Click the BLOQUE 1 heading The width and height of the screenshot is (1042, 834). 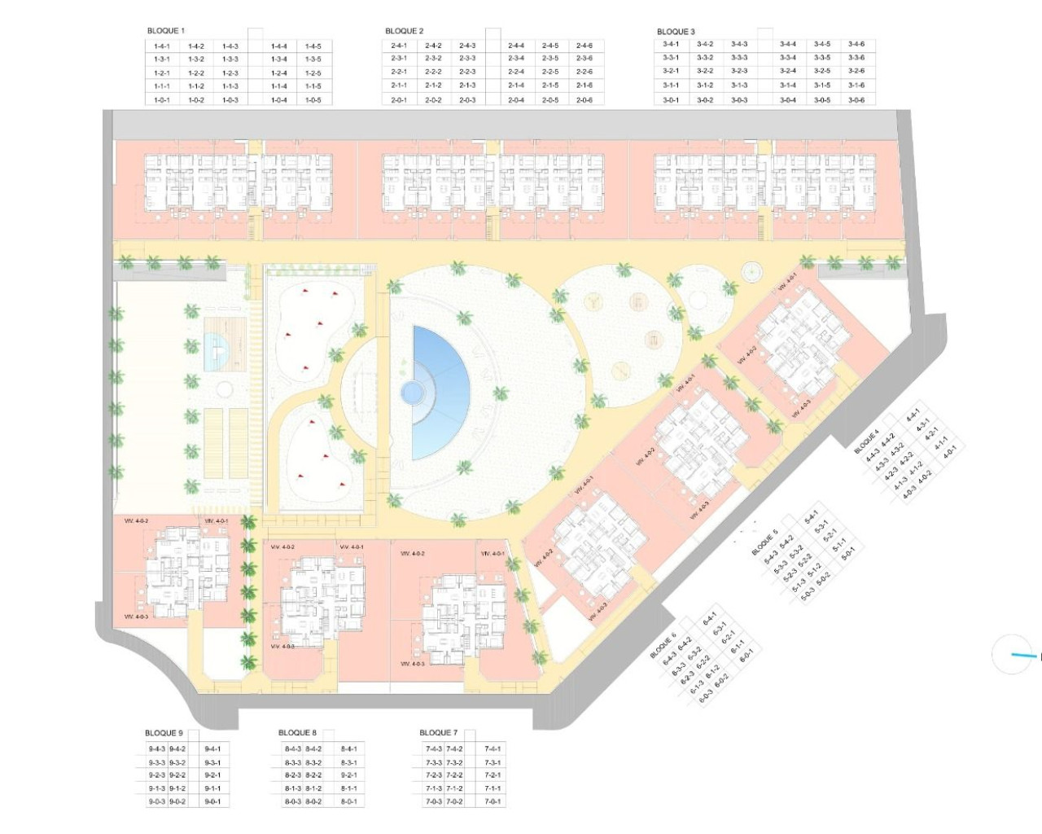(165, 31)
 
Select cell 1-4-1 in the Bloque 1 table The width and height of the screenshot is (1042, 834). (161, 46)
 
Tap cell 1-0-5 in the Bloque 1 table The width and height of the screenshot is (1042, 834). (313, 100)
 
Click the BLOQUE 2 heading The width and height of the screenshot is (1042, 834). (404, 31)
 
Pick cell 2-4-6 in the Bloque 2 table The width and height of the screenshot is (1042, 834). (584, 46)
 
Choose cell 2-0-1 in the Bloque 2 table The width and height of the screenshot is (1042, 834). (399, 100)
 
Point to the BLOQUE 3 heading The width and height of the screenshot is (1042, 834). (676, 32)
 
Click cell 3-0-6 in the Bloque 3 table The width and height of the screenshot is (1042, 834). (856, 100)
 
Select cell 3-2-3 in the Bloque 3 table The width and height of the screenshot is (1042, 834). (738, 71)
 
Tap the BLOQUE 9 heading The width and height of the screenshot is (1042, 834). (164, 733)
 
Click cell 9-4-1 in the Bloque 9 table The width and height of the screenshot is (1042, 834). (212, 748)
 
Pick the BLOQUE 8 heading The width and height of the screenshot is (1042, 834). (297, 733)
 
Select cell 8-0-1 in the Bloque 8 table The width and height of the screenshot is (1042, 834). (348, 801)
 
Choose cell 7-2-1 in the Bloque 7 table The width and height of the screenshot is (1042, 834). (492, 775)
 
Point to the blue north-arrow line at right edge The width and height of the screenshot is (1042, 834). (1023, 654)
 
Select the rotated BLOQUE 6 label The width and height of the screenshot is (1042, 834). (663, 645)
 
